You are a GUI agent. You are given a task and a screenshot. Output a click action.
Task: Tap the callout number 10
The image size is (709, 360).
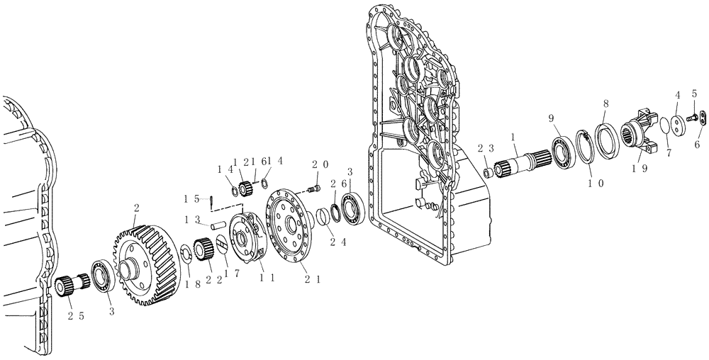click(593, 183)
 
